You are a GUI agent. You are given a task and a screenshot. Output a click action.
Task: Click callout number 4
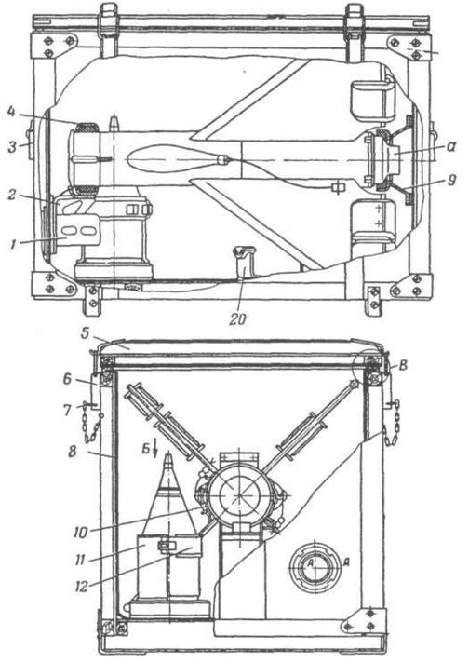click(x=12, y=113)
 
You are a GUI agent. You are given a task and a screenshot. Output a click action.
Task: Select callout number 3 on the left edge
click(x=13, y=147)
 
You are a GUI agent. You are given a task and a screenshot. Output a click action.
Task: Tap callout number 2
click(x=12, y=195)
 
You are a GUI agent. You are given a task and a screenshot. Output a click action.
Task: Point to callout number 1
click(x=13, y=244)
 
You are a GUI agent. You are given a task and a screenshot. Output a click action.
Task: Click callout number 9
click(x=451, y=181)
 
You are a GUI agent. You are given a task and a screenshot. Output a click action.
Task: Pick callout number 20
click(x=237, y=319)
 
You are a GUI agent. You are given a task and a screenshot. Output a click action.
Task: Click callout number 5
click(x=86, y=332)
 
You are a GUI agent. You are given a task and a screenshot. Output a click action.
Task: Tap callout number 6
click(x=68, y=380)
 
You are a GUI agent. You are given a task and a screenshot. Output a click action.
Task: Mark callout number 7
click(x=68, y=410)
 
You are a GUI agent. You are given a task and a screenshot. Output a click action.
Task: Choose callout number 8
click(x=72, y=452)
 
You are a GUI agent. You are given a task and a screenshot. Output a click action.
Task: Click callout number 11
click(x=80, y=561)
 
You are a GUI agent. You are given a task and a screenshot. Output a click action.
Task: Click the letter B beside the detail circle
click(x=403, y=365)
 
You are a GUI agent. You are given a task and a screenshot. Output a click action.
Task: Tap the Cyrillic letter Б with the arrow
click(x=145, y=449)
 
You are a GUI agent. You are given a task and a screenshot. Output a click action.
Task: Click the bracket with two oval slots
click(x=78, y=230)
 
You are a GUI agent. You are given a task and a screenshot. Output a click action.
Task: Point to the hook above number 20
click(x=244, y=263)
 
